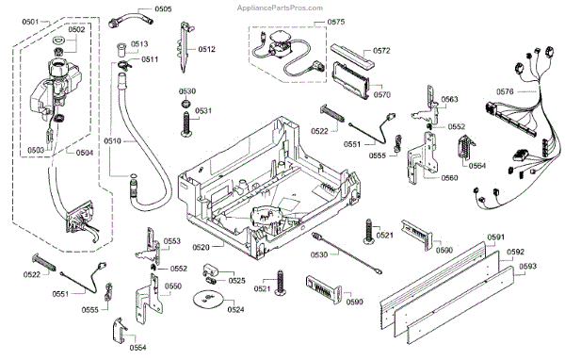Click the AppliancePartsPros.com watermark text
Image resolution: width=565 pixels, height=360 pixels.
pos(280,8)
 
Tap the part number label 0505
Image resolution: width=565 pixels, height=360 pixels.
pos(163,9)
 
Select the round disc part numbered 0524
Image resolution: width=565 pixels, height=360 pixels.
pos(207,299)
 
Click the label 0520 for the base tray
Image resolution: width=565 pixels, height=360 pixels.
pos(202,247)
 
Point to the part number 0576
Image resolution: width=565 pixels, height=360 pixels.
pos(505,91)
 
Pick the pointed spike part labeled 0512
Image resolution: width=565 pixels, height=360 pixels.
pos(185,47)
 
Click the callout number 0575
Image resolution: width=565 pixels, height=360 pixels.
pos(336,22)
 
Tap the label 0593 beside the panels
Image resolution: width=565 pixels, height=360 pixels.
pos(528,266)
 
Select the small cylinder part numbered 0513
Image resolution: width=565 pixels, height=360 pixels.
pos(121,50)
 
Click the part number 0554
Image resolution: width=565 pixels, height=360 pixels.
pos(138,348)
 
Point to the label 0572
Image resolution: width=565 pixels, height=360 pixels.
pos(381,51)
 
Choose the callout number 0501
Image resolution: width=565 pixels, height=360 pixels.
pos(30,22)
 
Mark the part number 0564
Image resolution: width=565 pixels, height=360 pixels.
pos(477,166)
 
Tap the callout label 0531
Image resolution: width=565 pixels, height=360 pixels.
pos(203,111)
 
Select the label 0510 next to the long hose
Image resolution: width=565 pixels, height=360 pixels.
pos(113,140)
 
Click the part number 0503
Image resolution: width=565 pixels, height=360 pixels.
pos(36,150)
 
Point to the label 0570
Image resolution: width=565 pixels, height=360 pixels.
pos(382,94)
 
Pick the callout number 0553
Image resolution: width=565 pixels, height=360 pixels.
pos(172,241)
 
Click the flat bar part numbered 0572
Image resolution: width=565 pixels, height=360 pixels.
pos(352,57)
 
